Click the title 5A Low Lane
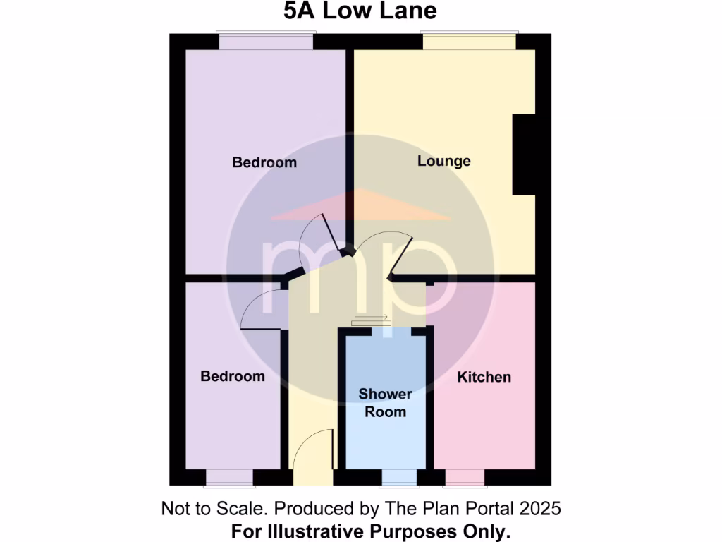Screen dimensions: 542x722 tap(360, 11)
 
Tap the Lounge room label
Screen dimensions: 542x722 tap(443, 161)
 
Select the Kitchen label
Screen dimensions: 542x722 tap(484, 377)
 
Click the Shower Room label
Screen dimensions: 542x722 tap(385, 403)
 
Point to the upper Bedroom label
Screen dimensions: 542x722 tap(264, 162)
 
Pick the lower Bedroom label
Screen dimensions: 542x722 tap(233, 376)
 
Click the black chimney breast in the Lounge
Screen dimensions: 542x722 tap(523, 155)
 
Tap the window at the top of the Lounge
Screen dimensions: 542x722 tap(469, 41)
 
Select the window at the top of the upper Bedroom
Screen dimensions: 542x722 tap(265, 41)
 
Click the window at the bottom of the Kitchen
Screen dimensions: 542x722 tap(465, 478)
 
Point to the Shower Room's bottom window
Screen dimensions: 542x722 tap(399, 478)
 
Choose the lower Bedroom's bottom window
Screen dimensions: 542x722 tap(229, 478)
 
